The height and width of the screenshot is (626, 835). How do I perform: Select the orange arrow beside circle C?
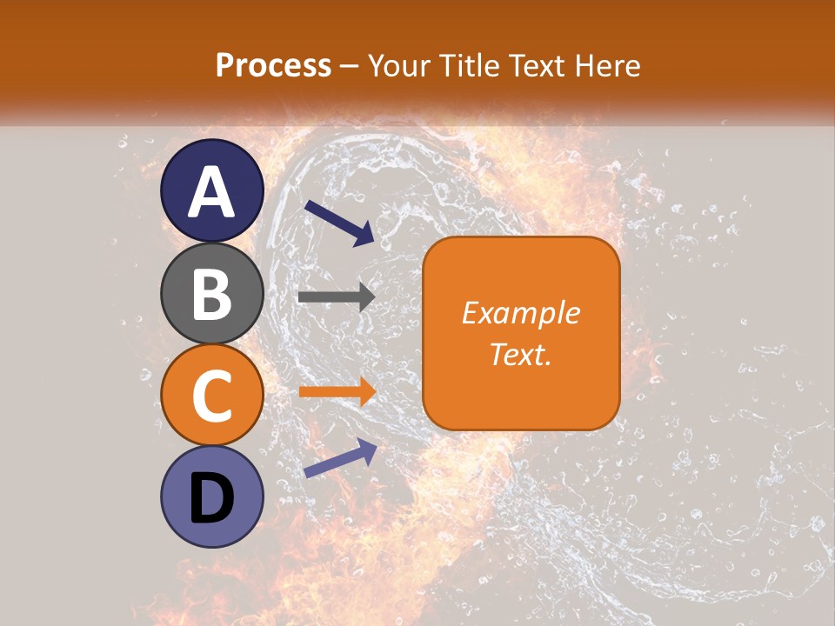pyautogui.click(x=337, y=391)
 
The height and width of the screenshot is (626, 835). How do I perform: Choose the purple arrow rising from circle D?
pyautogui.click(x=340, y=458)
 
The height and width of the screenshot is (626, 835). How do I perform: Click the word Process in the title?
pyautogui.click(x=273, y=65)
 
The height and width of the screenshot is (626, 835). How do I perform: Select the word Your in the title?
pyautogui.click(x=399, y=65)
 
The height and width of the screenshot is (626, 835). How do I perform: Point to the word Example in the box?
pyautogui.click(x=520, y=313)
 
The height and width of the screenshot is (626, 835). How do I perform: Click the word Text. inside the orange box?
pyautogui.click(x=520, y=354)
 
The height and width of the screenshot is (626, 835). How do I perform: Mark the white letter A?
pyautogui.click(x=212, y=192)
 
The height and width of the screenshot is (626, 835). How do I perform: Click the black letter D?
pyautogui.click(x=212, y=498)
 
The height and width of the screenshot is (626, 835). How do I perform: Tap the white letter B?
pyautogui.click(x=212, y=294)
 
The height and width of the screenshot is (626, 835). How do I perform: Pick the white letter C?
pyautogui.click(x=212, y=396)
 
